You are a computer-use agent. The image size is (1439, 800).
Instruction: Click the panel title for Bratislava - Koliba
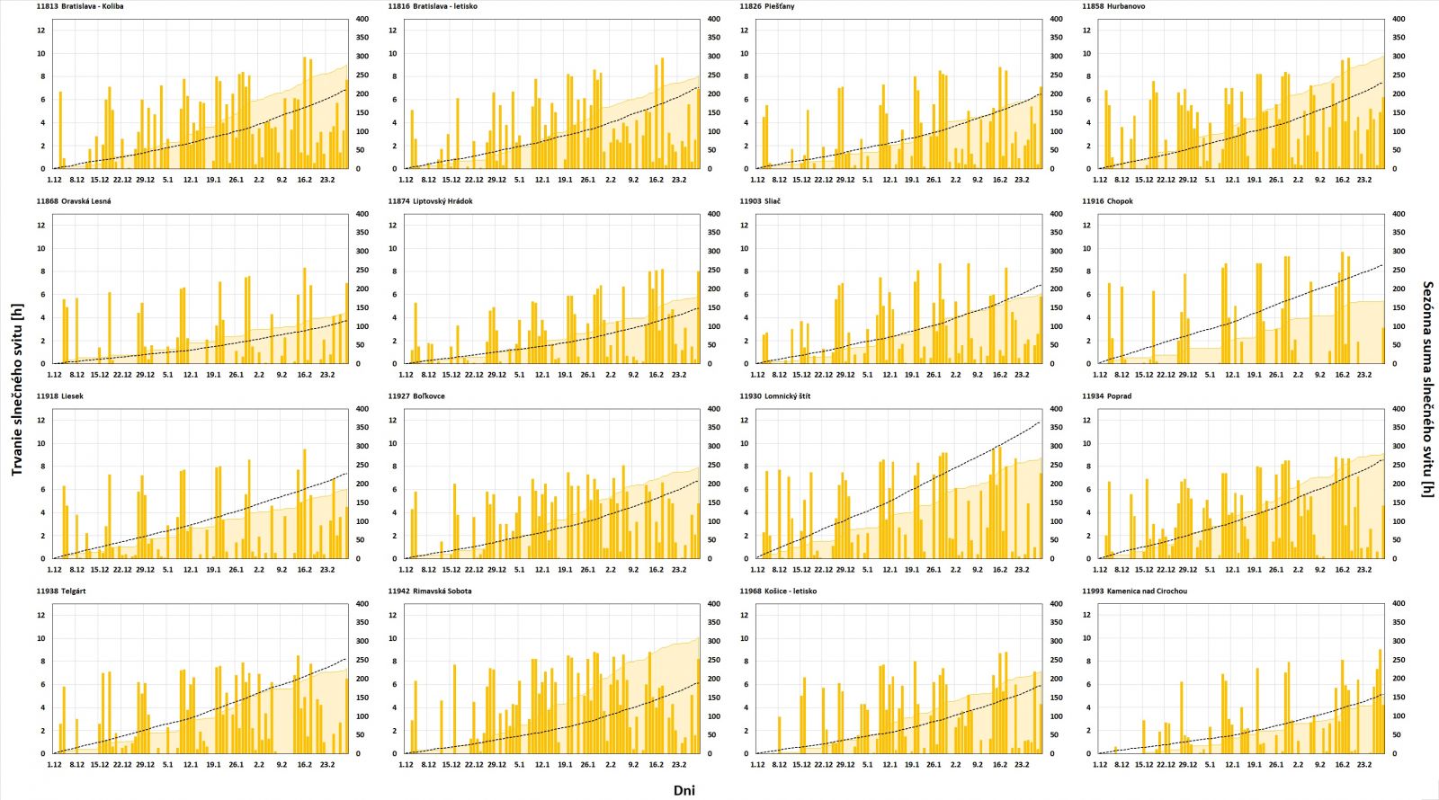point(80,6)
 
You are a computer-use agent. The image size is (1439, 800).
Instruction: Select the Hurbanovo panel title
point(1113,6)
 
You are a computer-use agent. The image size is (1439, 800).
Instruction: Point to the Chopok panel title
point(1107,201)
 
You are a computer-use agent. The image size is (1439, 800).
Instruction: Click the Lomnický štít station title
point(774,396)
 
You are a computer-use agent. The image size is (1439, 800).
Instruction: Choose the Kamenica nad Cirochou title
point(1134,591)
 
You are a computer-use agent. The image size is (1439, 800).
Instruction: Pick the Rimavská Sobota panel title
point(429,591)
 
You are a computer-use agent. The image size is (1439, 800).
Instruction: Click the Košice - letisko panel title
point(778,591)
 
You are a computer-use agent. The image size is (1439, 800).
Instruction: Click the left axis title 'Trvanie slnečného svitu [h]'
point(16,388)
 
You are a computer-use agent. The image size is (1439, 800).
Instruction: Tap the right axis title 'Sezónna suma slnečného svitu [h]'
point(1427,388)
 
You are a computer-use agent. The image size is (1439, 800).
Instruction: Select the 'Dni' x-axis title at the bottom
point(684,790)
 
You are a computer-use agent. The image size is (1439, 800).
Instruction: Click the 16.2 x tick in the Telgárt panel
point(305,765)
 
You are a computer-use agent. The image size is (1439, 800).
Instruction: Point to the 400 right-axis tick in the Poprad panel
point(1399,409)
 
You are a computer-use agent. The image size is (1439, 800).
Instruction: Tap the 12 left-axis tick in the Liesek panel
point(41,420)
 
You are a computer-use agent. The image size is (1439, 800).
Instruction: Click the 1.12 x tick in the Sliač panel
point(757,375)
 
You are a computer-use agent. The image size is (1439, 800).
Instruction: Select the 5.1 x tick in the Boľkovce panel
point(519,570)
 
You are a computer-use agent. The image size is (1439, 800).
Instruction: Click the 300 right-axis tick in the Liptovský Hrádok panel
point(713,252)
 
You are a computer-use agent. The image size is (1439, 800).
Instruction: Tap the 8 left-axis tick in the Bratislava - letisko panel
point(394,76)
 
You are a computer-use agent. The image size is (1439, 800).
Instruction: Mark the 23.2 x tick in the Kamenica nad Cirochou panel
point(1364,765)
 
